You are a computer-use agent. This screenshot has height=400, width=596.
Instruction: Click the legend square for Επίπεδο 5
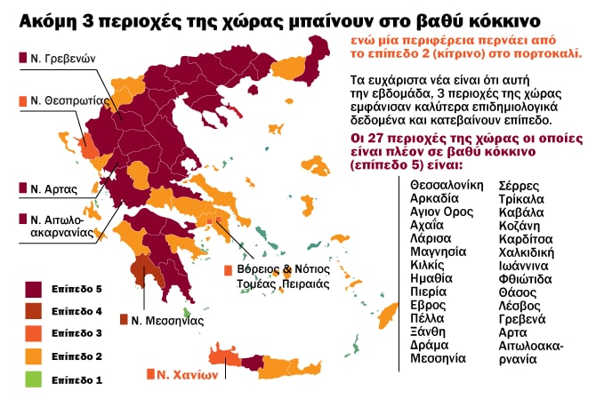tap(34, 289)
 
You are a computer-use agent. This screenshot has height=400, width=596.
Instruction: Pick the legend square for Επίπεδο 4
tap(34, 311)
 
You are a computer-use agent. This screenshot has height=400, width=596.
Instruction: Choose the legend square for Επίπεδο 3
tap(34, 333)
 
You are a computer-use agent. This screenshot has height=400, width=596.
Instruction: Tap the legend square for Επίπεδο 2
tap(34, 356)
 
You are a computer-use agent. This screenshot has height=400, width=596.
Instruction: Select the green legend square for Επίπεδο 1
tap(34, 380)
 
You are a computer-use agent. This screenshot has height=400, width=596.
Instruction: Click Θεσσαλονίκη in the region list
tap(447, 184)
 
